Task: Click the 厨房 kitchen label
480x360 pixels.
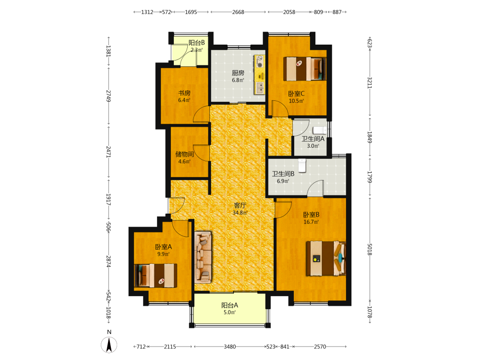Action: click(238, 73)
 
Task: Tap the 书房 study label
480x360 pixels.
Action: click(184, 93)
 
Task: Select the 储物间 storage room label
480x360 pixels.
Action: click(184, 154)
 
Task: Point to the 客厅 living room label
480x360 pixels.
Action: click(240, 205)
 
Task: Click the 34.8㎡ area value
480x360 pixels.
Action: click(240, 213)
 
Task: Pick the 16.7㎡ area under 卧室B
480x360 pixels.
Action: click(311, 222)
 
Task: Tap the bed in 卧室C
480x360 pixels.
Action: click(305, 69)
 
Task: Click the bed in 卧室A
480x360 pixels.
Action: click(156, 276)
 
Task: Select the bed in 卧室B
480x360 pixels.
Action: click(326, 258)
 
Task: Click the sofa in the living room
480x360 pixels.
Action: click(203, 257)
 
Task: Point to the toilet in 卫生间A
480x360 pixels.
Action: click(320, 130)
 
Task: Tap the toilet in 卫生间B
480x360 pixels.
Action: click(302, 165)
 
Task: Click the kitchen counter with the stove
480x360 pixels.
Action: click(259, 75)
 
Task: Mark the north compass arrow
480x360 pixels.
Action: click(108, 345)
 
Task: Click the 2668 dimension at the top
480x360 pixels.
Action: click(238, 12)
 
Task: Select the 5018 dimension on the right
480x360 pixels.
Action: click(370, 250)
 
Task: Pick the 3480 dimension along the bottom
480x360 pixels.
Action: click(229, 347)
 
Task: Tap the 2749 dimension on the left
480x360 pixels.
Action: click(108, 96)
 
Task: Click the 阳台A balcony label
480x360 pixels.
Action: click(229, 305)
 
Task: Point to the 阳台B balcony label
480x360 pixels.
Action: click(196, 43)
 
